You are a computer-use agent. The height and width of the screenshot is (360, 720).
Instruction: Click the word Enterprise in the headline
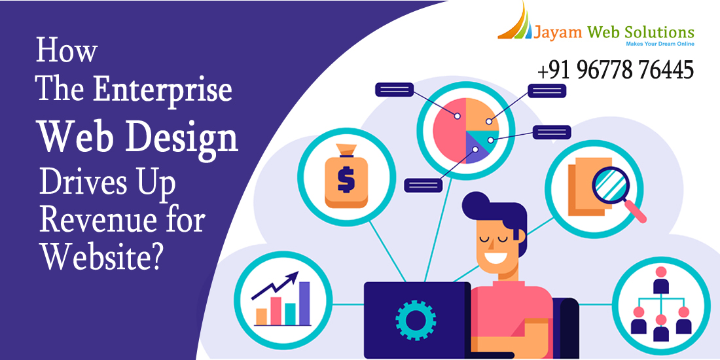162,90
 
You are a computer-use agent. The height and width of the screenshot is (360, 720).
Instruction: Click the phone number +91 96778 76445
615,70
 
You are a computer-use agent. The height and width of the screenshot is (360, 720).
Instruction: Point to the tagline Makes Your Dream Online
660,44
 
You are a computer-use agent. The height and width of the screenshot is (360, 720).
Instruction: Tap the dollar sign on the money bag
346,179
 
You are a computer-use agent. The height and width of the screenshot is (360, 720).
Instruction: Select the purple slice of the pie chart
476,147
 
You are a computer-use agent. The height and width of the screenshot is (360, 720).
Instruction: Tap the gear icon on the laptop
416,319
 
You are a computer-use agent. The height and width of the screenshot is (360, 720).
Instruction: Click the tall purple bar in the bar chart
304,303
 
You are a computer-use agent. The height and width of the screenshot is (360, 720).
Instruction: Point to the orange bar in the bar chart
261,316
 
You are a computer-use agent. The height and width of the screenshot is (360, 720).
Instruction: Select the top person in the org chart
661,280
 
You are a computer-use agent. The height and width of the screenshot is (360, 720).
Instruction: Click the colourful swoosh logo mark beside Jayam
514,22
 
